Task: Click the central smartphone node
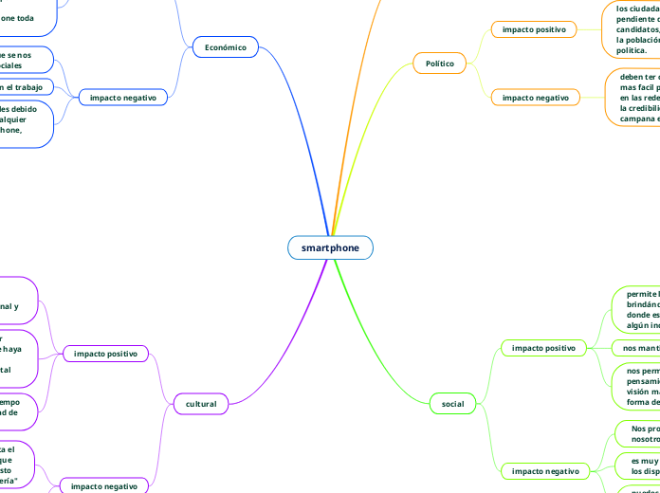coord(330,247)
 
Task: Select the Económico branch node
coord(225,46)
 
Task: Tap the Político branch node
coord(439,64)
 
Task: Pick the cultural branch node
coord(201,404)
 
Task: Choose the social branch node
coord(452,404)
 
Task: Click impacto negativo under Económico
coord(123,97)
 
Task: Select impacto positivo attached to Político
coord(534,29)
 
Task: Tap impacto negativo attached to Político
coord(534,97)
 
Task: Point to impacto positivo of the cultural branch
coord(105,354)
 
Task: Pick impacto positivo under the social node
coord(543,348)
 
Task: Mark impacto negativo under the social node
coord(543,470)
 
